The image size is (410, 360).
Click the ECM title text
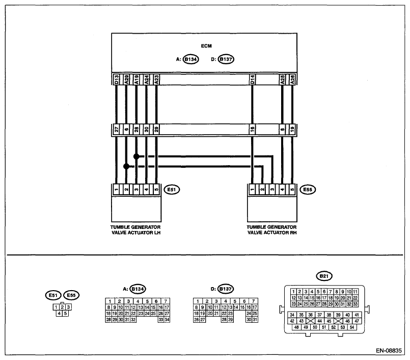[206, 46]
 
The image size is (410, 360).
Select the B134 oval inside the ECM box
[190, 59]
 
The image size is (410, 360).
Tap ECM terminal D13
[116, 80]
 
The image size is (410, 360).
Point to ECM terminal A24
[147, 80]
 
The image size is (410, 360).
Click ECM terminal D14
[252, 80]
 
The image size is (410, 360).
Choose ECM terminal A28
[292, 80]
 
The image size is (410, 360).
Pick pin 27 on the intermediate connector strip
[116, 130]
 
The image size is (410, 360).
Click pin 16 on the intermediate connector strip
[252, 130]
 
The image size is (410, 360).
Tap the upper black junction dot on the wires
[136, 157]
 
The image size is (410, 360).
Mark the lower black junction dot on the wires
[126, 166]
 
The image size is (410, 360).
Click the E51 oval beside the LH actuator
[172, 190]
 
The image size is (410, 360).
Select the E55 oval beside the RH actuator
[308, 190]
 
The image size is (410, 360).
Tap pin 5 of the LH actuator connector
[156, 190]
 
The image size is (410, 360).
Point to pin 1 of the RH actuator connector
[252, 190]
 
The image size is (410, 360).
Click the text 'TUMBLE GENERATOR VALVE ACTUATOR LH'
[135, 230]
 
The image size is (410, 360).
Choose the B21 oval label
[324, 276]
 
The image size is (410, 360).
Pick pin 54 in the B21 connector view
[352, 327]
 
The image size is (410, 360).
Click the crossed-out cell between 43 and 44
[310, 321]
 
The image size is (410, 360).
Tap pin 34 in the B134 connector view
[167, 320]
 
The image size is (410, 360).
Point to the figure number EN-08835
[389, 351]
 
